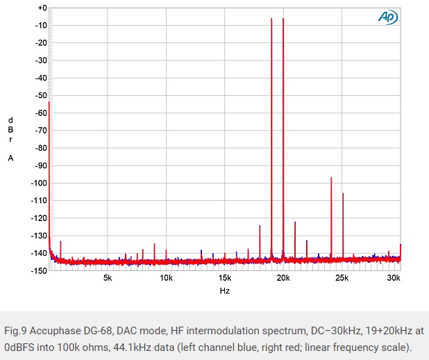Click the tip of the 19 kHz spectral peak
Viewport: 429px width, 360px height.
pyautogui.click(x=271, y=19)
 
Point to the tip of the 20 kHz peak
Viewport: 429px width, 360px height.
pyautogui.click(x=283, y=19)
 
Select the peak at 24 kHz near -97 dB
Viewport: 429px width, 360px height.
pyautogui.click(x=331, y=178)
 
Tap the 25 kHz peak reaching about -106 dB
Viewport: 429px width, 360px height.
pyautogui.click(x=343, y=193)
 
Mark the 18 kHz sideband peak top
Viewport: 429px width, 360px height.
pyautogui.click(x=260, y=226)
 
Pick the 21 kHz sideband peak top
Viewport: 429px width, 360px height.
pyautogui.click(x=295, y=222)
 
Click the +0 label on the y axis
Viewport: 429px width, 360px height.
pyautogui.click(x=42, y=8)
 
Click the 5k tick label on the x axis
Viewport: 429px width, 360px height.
pyautogui.click(x=108, y=278)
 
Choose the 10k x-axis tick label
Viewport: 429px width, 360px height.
pyautogui.click(x=166, y=278)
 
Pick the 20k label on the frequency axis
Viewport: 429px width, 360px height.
pyautogui.click(x=283, y=278)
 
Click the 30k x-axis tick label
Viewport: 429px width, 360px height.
pyautogui.click(x=394, y=278)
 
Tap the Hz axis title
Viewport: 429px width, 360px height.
pyautogui.click(x=224, y=291)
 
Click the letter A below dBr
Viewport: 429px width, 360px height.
pyautogui.click(x=10, y=158)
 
